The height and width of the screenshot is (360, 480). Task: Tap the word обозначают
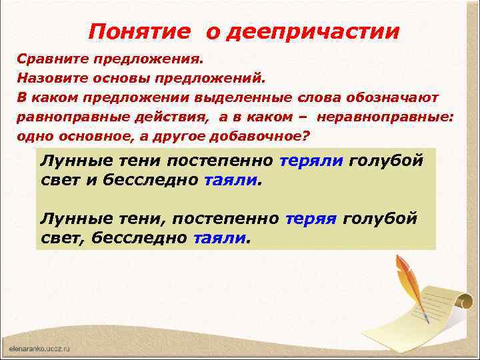pyautogui.click(x=392, y=97)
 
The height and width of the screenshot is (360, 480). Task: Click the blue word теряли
pyautogui.click(x=311, y=161)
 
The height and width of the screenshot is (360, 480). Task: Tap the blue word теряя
pyautogui.click(x=311, y=218)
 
